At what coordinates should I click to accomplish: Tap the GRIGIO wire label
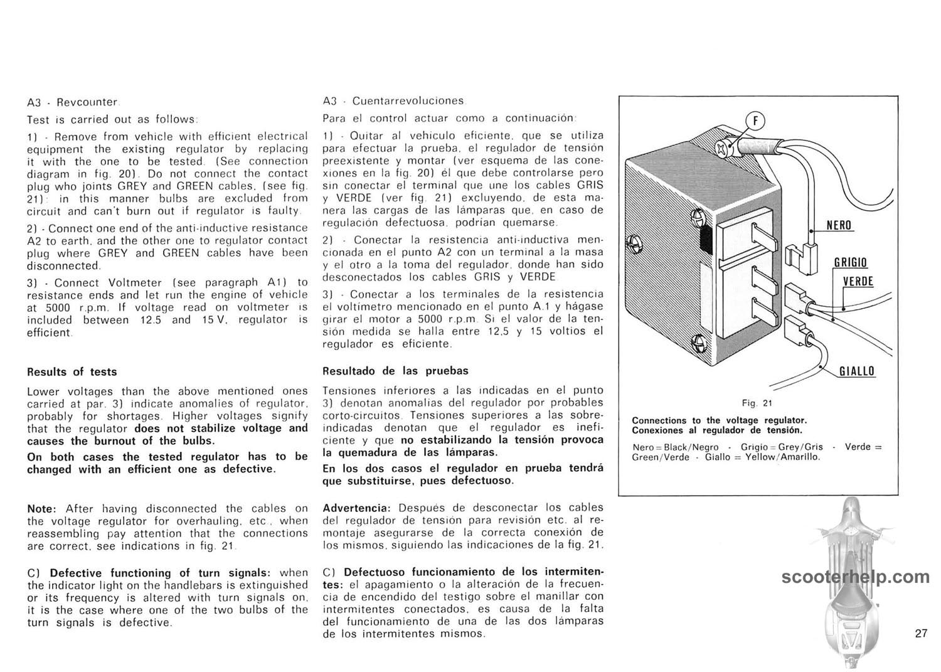point(850,262)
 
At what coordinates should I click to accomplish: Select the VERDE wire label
point(858,281)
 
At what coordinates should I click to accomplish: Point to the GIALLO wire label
point(857,371)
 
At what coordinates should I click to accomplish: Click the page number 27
point(921,633)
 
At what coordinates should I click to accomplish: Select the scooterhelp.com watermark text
point(856,577)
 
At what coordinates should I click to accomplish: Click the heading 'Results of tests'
point(72,371)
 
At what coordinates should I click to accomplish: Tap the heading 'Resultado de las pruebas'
point(395,371)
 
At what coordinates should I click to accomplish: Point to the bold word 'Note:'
point(42,509)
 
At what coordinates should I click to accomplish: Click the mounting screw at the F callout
point(723,148)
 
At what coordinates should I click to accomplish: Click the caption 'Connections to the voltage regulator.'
point(719,420)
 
